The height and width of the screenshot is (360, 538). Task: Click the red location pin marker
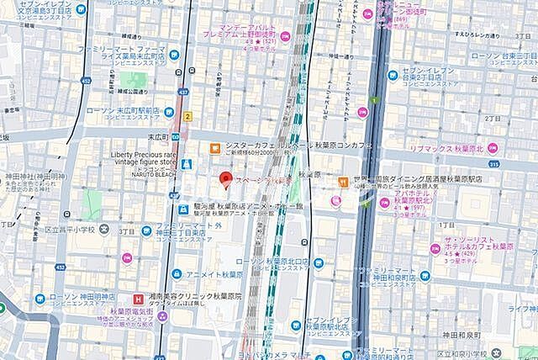pyautogui.click(x=224, y=179)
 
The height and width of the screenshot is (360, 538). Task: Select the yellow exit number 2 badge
pyautogui.click(x=188, y=115)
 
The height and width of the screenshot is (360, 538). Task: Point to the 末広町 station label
pyautogui.click(x=160, y=134)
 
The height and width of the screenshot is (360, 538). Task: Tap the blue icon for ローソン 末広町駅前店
pyautogui.click(x=169, y=111)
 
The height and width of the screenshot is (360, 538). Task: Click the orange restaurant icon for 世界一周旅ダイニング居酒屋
pyautogui.click(x=343, y=182)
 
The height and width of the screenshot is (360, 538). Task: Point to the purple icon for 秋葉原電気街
pyautogui.click(x=161, y=315)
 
